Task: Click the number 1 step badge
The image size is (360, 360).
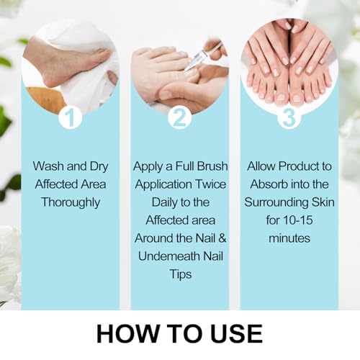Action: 71,117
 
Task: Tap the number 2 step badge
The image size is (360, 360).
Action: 180,117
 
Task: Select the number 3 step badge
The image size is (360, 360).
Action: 289,117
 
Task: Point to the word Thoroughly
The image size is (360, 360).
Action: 71,202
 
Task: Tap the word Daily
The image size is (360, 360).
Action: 164,202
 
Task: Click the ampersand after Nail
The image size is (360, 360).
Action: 222,238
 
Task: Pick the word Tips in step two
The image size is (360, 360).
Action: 181,274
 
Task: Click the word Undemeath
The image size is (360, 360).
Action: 169,256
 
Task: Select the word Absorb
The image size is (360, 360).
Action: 269,184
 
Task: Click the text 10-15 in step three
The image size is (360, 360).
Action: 298,220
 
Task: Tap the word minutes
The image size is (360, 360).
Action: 289,238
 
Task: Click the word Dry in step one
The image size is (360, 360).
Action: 99,166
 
